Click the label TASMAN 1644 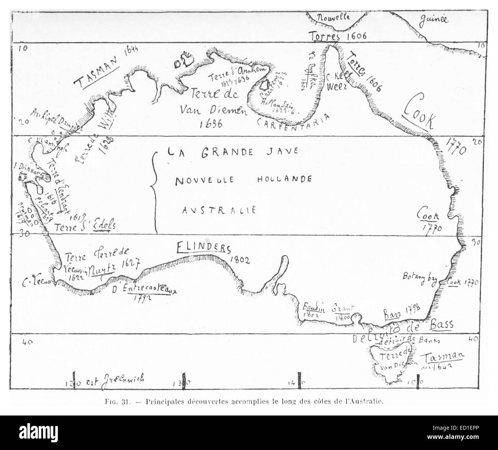tap(106, 67)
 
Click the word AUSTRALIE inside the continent tap(219, 210)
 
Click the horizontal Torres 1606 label tap(337, 36)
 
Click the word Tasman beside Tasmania tap(444, 356)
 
